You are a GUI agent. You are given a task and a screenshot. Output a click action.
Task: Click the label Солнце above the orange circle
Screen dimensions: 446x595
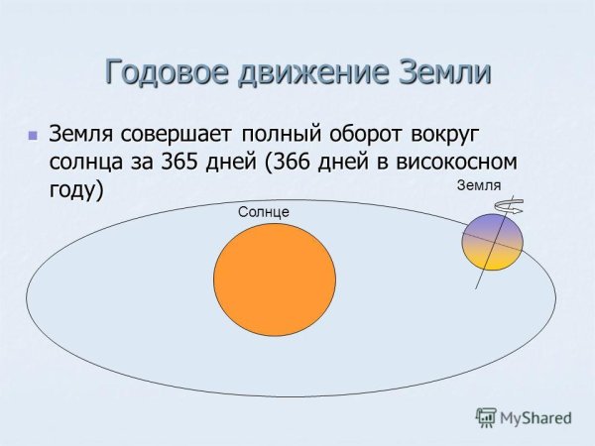click(263, 212)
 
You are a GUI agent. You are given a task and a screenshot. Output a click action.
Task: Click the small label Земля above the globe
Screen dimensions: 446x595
click(479, 185)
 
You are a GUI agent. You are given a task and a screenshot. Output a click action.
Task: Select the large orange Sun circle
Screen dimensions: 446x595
click(275, 284)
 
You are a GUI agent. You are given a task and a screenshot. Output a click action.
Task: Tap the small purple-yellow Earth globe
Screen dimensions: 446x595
click(492, 243)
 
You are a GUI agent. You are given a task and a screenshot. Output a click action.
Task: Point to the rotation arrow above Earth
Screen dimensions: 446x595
click(515, 205)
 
